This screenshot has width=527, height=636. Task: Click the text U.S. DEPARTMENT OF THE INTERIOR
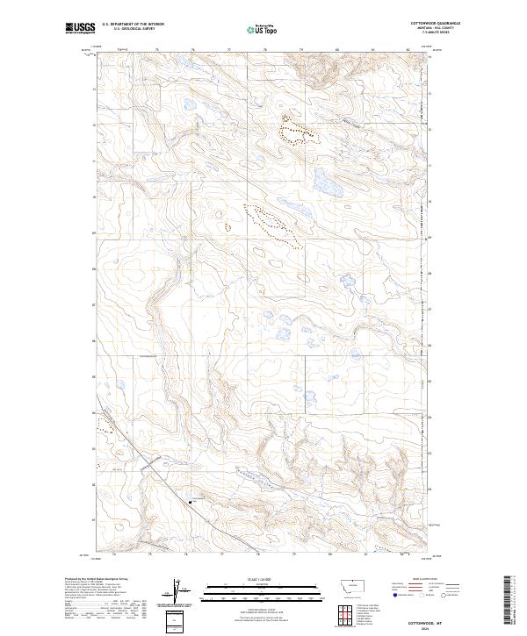click(133, 24)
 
